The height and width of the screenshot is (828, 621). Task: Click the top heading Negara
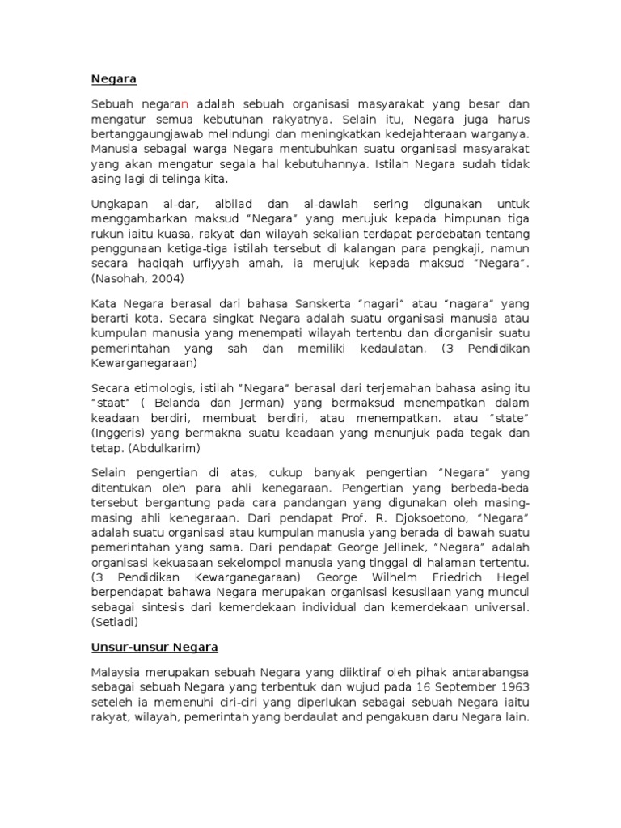tap(113, 79)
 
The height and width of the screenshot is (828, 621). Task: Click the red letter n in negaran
tap(184, 104)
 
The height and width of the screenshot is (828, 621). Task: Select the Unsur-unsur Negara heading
tap(154, 648)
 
